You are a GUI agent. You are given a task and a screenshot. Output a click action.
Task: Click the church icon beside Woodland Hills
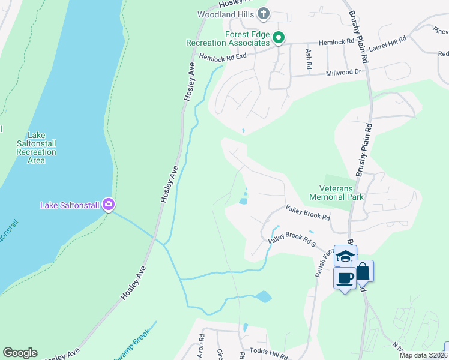pos(263,13)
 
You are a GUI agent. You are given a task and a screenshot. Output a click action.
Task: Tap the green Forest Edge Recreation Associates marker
pos(278,38)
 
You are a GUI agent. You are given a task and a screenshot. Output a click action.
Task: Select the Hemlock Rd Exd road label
pos(223,56)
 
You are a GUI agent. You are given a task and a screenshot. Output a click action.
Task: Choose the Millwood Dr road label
pos(345,73)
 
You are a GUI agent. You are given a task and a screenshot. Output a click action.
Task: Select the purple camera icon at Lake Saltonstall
pos(108,205)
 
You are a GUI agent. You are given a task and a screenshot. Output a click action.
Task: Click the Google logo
pos(20,352)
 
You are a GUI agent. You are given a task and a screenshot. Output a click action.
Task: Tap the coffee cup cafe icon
pos(345,278)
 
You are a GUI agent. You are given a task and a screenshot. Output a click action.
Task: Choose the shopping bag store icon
pos(363,271)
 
